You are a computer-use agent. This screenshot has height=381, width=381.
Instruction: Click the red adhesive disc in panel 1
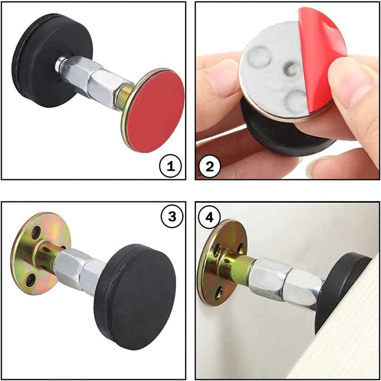[156, 110]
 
